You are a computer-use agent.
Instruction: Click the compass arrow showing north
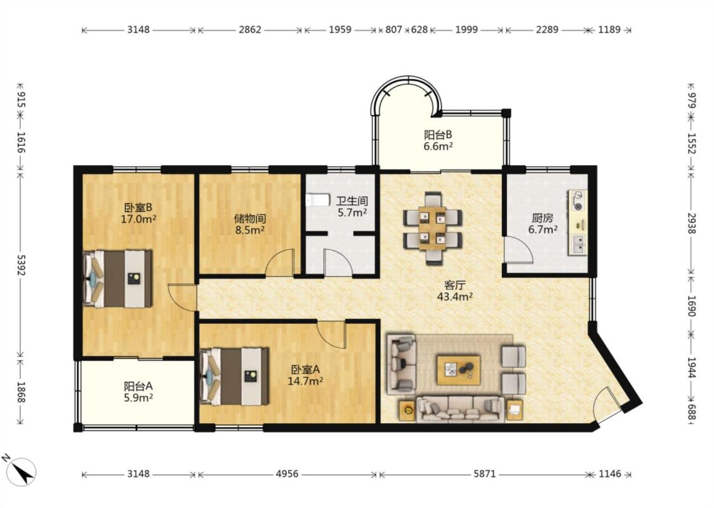coord(23,472)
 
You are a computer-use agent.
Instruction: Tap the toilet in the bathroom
coord(317,200)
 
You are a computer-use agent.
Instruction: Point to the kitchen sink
coord(578,244)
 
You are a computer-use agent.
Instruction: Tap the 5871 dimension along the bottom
coord(484,474)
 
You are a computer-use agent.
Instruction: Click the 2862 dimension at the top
coord(250,30)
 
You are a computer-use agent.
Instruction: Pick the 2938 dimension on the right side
coord(691,224)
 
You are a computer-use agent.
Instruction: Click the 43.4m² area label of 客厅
coord(454,297)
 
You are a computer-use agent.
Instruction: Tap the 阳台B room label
coord(437,135)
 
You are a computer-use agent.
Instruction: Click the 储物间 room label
coord(250,218)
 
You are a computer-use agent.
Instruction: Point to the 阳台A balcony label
coord(138,386)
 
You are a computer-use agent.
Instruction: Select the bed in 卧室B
coord(117,278)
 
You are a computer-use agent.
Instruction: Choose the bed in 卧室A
coord(234,377)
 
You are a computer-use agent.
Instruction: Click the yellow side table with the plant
coord(407,410)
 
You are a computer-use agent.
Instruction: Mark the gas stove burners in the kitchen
coord(578,201)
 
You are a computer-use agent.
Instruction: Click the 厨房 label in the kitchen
coord(543,218)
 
